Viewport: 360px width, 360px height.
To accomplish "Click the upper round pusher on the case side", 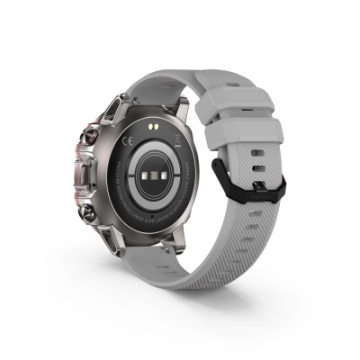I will (x=91, y=138).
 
